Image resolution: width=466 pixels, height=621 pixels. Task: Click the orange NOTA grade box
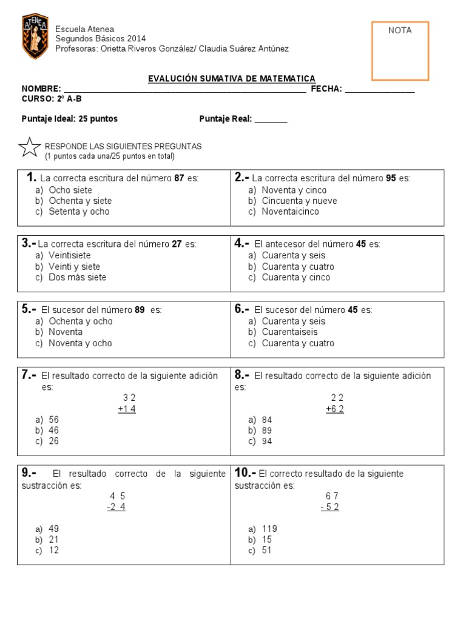[400, 52]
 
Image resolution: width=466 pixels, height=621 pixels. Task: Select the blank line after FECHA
[380, 90]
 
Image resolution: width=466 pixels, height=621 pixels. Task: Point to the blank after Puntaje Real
[271, 119]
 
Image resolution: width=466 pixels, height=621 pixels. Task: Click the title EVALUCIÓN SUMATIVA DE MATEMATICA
[232, 79]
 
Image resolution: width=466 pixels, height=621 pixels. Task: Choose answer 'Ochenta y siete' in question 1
[80, 201]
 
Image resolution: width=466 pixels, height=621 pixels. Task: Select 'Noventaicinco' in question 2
[290, 212]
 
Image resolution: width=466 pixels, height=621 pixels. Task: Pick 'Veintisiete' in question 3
[70, 255]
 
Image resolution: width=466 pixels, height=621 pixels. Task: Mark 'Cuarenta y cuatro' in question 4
[298, 266]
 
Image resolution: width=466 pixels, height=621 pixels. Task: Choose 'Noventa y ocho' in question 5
[80, 343]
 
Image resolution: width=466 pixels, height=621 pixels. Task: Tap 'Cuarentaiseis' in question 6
[289, 332]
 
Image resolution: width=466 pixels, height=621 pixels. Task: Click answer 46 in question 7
[54, 430]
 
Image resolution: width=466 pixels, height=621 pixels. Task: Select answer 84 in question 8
[267, 419]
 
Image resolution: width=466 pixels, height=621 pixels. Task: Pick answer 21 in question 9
[54, 539]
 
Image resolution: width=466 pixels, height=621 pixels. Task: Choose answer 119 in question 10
[269, 528]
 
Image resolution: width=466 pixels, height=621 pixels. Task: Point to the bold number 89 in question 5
[140, 310]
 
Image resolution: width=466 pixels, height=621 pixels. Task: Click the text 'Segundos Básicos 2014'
[100, 39]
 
